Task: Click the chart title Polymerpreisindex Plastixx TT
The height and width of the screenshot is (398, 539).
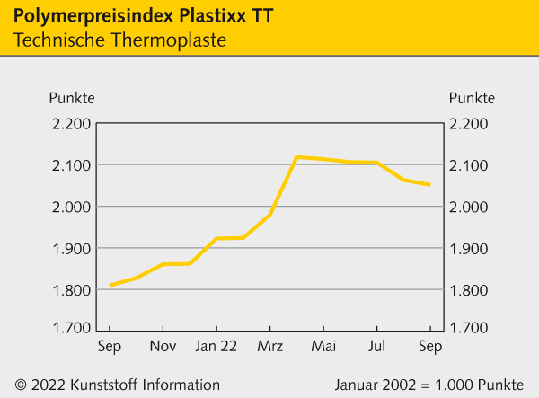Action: pyautogui.click(x=139, y=17)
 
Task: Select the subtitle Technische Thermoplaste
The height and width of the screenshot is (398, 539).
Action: pyautogui.click(x=120, y=40)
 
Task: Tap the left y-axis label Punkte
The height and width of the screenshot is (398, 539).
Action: pyautogui.click(x=72, y=97)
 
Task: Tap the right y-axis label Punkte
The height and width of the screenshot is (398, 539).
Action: pyautogui.click(x=472, y=97)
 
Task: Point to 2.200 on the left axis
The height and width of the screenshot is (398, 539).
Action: pyautogui.click(x=72, y=124)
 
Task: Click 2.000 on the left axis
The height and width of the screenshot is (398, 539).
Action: pyautogui.click(x=72, y=207)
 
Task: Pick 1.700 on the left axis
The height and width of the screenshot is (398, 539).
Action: pyautogui.click(x=72, y=327)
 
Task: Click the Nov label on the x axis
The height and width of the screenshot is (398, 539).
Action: pyautogui.click(x=163, y=346)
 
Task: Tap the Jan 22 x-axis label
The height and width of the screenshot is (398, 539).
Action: pyautogui.click(x=216, y=346)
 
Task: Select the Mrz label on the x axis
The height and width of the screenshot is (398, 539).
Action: pyautogui.click(x=270, y=346)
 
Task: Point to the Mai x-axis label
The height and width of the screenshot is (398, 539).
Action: pyautogui.click(x=323, y=346)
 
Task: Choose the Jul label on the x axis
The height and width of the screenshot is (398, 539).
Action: pyautogui.click(x=377, y=346)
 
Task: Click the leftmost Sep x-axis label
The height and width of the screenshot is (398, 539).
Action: pyautogui.click(x=110, y=346)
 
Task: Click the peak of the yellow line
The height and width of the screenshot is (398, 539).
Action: pyautogui.click(x=297, y=157)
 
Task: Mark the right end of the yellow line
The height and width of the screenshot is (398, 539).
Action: pyautogui.click(x=430, y=185)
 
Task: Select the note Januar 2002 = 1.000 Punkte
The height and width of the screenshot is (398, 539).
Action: pyautogui.click(x=429, y=384)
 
